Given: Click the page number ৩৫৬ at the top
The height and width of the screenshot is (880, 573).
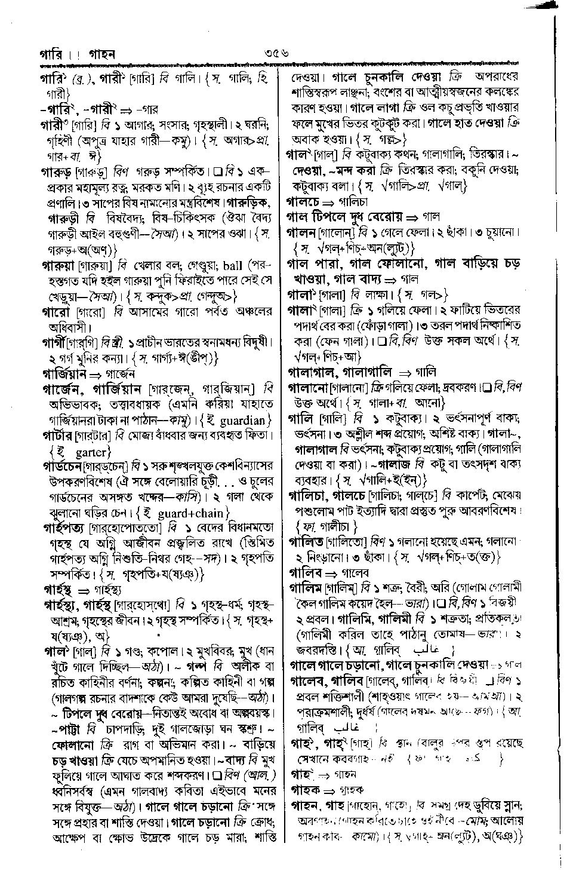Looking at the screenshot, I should click(x=278, y=54).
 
